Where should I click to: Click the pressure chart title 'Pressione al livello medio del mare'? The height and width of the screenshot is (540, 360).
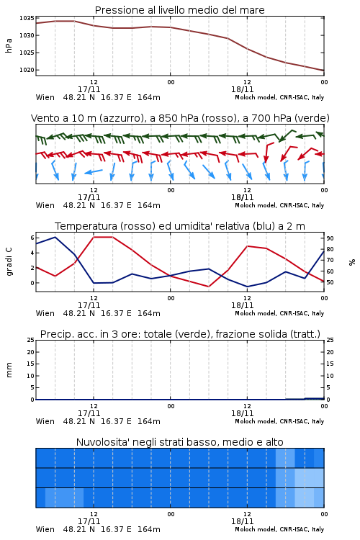[179, 10]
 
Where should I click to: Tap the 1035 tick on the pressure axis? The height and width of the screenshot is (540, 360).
[27, 18]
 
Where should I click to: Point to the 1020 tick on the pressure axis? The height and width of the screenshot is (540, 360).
[27, 70]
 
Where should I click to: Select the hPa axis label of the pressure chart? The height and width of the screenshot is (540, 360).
[9, 45]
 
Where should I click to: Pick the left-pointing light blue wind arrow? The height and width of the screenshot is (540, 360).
[94, 171]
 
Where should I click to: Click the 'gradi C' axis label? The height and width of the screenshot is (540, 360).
[9, 262]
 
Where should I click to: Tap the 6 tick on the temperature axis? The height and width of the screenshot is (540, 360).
[32, 238]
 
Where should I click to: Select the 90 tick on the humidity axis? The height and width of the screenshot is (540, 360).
[330, 238]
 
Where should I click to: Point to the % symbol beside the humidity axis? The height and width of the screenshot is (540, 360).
[352, 262]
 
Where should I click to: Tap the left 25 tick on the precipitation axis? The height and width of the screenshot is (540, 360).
[31, 340]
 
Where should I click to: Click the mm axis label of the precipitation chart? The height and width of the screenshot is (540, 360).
[9, 370]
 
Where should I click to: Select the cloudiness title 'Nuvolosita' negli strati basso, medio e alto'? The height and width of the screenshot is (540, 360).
[179, 442]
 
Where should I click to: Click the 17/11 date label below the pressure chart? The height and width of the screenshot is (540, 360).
[89, 89]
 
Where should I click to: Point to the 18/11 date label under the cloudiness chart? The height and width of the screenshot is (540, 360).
[242, 521]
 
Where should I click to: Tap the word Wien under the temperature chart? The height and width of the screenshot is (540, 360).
[45, 313]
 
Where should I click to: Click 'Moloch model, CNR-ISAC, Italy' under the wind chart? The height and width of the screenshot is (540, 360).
[279, 206]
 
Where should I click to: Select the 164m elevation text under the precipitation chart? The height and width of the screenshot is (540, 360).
[149, 421]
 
